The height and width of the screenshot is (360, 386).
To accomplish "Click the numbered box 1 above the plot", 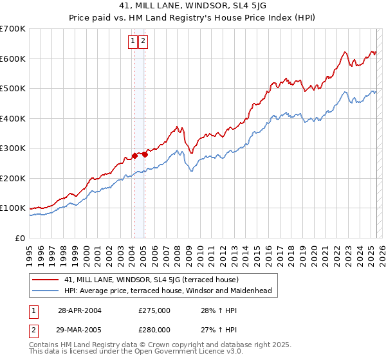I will point(133,42).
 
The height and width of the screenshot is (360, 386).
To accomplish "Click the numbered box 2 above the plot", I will point(142,42).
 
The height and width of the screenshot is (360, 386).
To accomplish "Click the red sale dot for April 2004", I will point(134,156).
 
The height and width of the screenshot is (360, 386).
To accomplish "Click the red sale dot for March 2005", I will point(145,154).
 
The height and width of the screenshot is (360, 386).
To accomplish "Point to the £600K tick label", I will point(13,59).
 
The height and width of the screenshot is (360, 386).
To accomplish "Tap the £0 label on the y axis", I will point(20,238).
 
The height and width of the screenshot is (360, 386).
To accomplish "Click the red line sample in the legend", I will point(46,280).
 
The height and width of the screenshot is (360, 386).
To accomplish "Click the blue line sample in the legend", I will point(46,291).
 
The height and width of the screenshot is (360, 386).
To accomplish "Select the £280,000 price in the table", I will point(154,329).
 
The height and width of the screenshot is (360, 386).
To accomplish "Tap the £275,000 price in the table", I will point(154,310).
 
